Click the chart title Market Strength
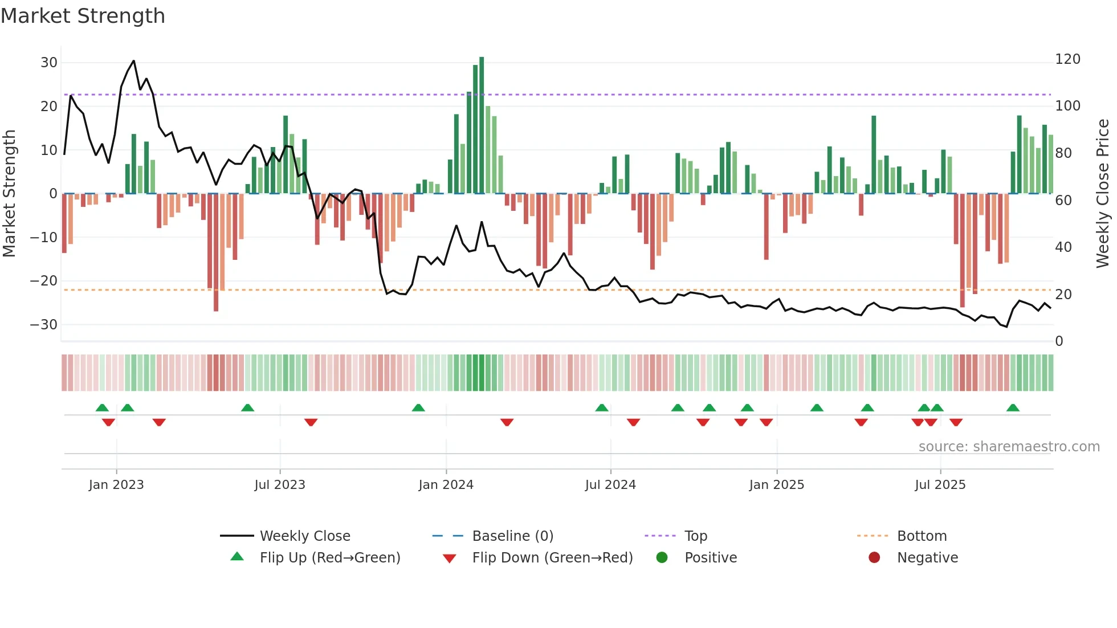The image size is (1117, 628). tap(83, 16)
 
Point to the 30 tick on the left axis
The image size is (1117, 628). tap(49, 63)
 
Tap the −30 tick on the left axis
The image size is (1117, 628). tap(44, 325)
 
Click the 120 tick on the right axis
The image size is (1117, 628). tap(1067, 59)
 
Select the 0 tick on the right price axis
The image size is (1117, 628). tap(1059, 341)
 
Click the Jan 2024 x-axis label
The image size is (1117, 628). tap(446, 485)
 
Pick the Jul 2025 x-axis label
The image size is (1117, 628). tap(940, 485)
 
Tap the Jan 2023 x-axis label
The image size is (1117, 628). tap(116, 485)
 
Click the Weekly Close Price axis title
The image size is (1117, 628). tap(1103, 194)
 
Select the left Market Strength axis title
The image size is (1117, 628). tap(9, 194)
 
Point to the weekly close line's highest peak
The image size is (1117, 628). tap(134, 61)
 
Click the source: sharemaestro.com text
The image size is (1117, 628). tap(1009, 447)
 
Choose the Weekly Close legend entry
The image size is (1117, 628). tap(305, 536)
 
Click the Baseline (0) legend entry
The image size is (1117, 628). tap(512, 536)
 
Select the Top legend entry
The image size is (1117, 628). tap(695, 536)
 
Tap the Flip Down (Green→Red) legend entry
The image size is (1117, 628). tap(552, 558)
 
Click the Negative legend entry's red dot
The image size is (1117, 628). tap(874, 557)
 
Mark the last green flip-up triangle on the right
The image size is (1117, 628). tap(1013, 408)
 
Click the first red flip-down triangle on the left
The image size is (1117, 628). tap(108, 422)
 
